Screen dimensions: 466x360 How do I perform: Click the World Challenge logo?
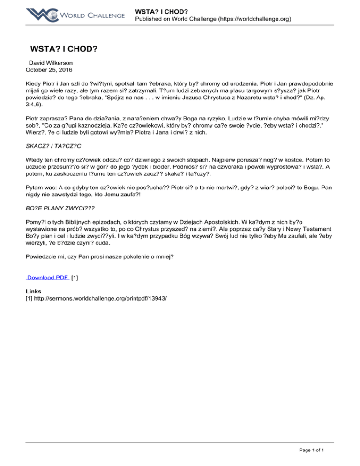pos(75,15)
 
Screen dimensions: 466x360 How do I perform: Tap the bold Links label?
pos(34,291)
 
